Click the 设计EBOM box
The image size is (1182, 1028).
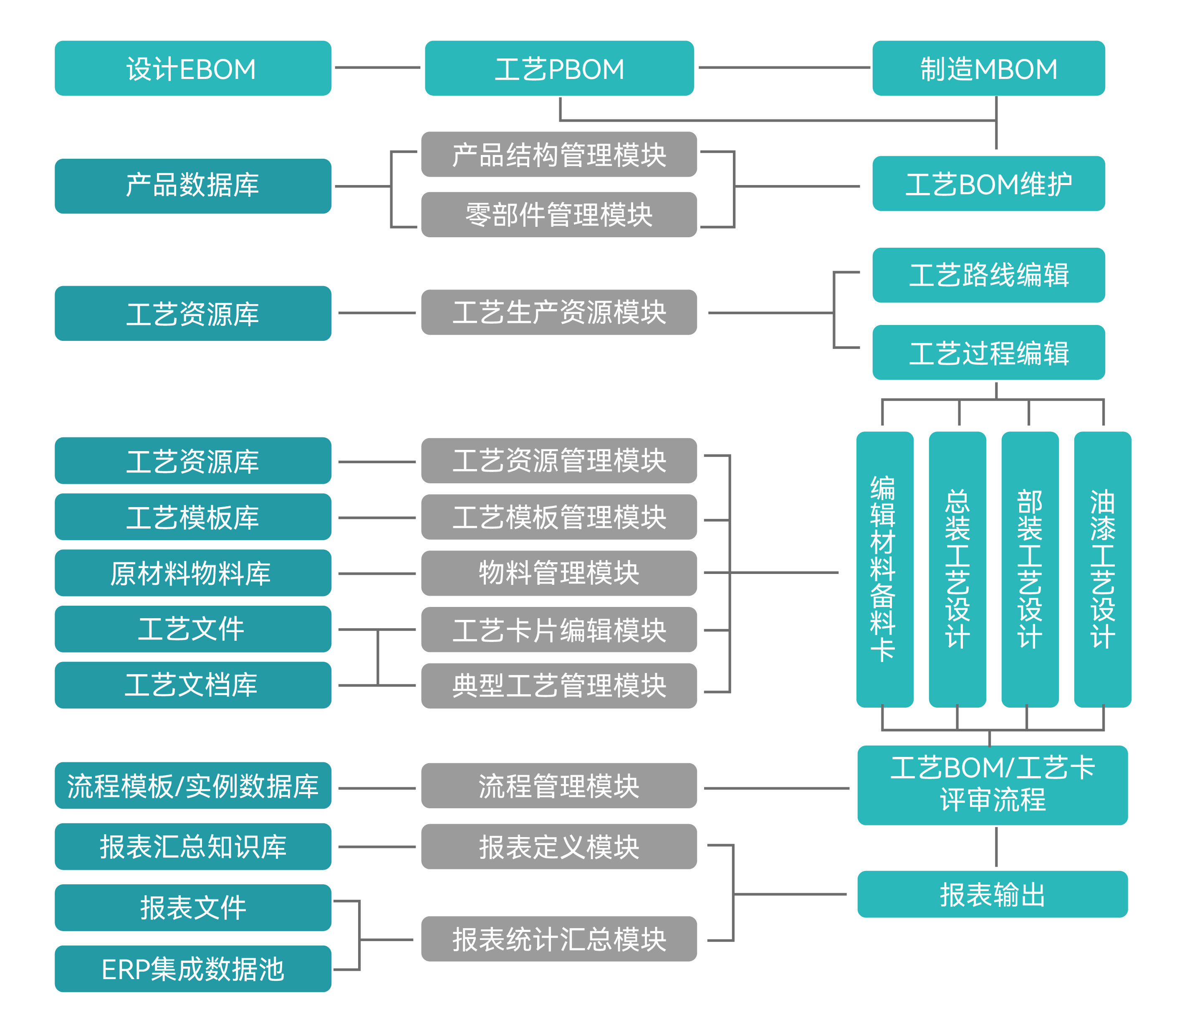(x=192, y=68)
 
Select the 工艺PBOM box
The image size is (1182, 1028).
(x=559, y=68)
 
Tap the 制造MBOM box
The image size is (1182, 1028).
(x=988, y=68)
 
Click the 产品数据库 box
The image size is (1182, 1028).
(x=192, y=186)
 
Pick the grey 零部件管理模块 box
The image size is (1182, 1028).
(x=559, y=215)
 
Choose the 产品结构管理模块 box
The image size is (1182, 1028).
(x=559, y=154)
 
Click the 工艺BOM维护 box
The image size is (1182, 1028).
(x=988, y=183)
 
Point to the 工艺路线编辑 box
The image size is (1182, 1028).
(x=988, y=275)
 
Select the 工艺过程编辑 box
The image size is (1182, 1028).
(x=988, y=352)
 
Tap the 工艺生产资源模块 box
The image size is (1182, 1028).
(x=559, y=312)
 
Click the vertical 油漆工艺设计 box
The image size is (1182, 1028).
(x=1102, y=569)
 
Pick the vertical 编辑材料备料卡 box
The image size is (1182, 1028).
(x=884, y=569)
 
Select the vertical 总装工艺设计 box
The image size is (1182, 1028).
(x=957, y=569)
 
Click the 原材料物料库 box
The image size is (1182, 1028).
(x=192, y=573)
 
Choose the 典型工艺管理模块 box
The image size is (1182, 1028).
(x=559, y=685)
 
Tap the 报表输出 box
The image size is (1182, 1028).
(x=992, y=894)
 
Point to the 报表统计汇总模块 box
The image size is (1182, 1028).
(x=559, y=939)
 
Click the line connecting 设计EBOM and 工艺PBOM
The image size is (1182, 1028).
(x=377, y=68)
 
